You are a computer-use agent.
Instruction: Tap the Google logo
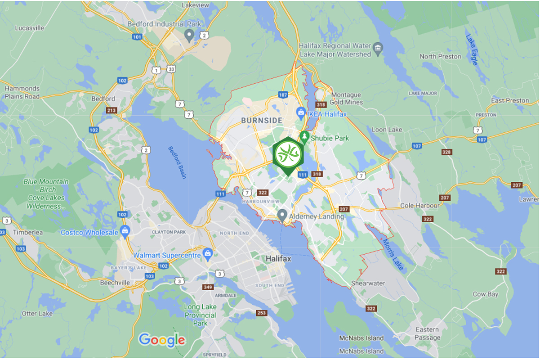tap(161, 340)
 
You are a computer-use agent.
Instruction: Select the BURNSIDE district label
tap(262, 121)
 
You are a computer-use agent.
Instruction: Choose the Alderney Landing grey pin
tap(282, 215)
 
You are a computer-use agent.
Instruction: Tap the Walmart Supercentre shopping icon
tap(207, 253)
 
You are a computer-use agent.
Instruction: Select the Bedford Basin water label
tap(177, 162)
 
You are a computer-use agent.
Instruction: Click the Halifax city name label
tap(279, 259)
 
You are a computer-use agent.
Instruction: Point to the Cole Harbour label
tap(420, 206)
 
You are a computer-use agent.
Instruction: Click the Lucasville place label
tap(30, 27)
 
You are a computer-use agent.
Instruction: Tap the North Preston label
tap(440, 56)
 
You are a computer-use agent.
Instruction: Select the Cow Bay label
tap(485, 294)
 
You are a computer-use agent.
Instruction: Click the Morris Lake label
tap(393, 255)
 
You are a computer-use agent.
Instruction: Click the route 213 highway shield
tap(111, 110)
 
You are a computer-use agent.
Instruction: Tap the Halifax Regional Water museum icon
tap(378, 47)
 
